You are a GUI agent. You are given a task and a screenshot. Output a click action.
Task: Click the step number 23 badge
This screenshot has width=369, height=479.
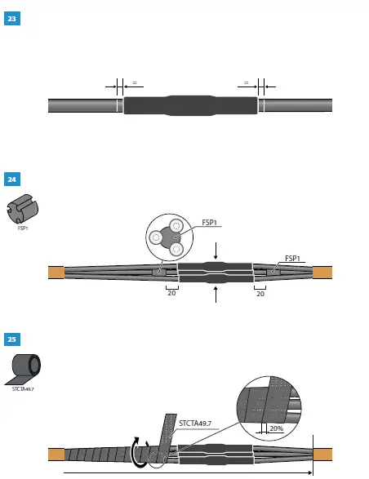tap(11, 18)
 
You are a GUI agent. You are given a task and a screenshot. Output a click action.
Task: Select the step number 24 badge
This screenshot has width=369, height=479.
tap(11, 179)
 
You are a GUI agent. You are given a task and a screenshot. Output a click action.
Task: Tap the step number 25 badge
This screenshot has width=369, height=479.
tap(11, 339)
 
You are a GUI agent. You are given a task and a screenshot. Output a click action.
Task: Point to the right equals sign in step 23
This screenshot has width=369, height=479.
tap(246, 83)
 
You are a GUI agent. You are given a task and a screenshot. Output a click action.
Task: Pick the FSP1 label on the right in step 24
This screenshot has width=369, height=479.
tap(296, 259)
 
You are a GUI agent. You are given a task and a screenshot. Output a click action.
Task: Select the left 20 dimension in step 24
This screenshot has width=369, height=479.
tap(171, 295)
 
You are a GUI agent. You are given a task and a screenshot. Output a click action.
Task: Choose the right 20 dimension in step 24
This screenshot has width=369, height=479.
tap(261, 295)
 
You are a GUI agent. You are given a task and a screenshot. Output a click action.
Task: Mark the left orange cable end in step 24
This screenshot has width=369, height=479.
tap(56, 273)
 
